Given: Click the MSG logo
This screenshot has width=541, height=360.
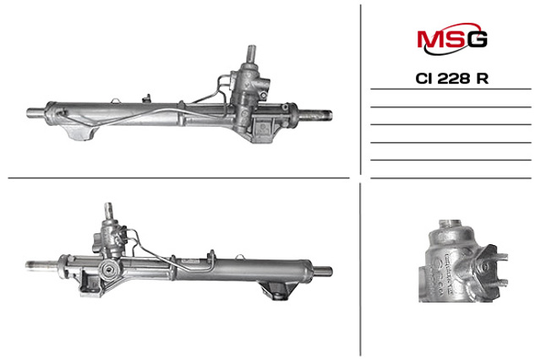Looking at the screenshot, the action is [x=452, y=39].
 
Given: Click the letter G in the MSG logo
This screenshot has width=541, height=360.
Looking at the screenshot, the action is [x=477, y=39].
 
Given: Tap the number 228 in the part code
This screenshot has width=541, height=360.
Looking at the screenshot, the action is [x=454, y=79].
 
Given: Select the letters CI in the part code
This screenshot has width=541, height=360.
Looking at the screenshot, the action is [x=424, y=79].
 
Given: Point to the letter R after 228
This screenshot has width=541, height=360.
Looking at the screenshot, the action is [x=482, y=79].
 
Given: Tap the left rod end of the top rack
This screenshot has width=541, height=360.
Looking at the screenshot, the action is [x=35, y=113].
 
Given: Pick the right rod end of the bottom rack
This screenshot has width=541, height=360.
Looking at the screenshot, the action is [x=323, y=270].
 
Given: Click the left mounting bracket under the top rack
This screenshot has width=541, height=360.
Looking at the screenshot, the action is [x=81, y=132].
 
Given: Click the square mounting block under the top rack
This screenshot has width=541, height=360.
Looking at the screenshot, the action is [x=264, y=129].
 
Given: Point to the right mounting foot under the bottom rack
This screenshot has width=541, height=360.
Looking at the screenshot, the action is [x=276, y=291].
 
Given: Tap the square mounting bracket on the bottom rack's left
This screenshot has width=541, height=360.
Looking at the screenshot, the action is [x=90, y=283].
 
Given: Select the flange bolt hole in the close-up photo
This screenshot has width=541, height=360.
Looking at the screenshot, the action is [x=485, y=266].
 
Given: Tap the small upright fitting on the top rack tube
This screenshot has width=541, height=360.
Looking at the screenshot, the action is [x=146, y=98].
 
